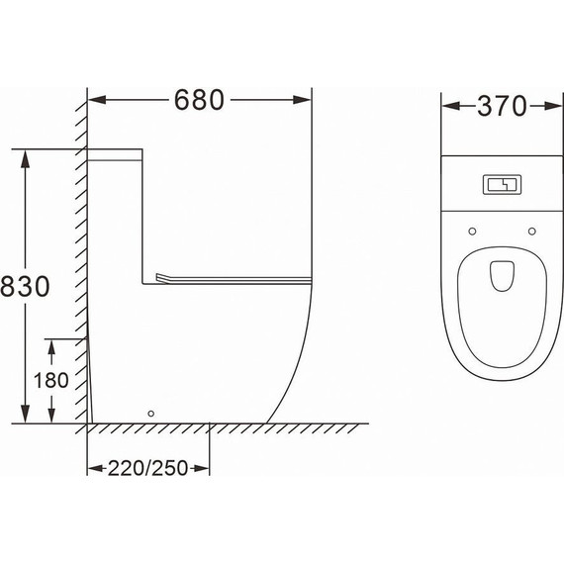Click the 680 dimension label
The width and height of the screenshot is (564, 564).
199,100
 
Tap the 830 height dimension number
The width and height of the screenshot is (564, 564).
25,286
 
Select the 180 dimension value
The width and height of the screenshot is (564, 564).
50,380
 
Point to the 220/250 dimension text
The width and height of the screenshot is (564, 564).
147,468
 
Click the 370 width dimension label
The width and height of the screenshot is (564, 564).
502,106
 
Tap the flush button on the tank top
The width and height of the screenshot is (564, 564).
502,184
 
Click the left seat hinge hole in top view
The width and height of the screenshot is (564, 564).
472,232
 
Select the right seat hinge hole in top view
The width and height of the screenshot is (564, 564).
532,232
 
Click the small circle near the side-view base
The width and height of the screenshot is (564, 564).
151,414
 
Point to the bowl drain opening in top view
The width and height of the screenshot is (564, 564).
502,276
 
